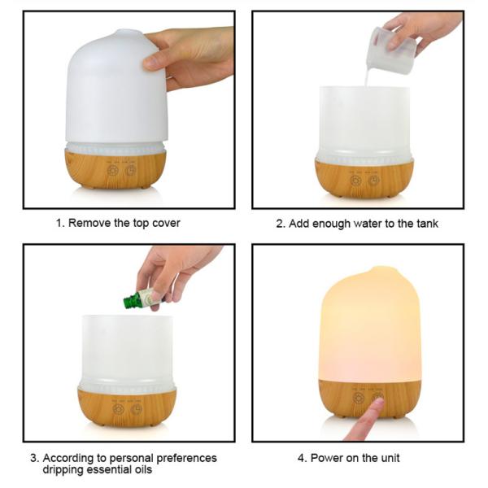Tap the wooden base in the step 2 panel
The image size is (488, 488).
[364, 178]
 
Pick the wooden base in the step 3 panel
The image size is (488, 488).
[127, 406]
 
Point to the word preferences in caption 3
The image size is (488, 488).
[186, 458]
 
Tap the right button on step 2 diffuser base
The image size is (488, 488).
[373, 181]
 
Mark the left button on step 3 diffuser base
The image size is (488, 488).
[118, 409]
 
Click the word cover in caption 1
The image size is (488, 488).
[164, 223]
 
